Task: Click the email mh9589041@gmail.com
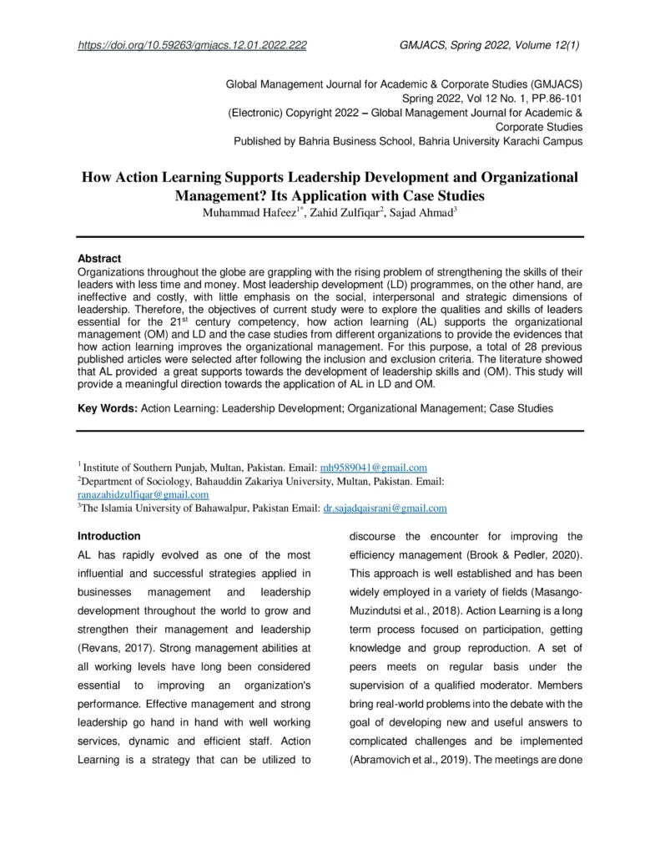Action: [374, 468]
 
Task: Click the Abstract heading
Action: [99, 259]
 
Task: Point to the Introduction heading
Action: [109, 535]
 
